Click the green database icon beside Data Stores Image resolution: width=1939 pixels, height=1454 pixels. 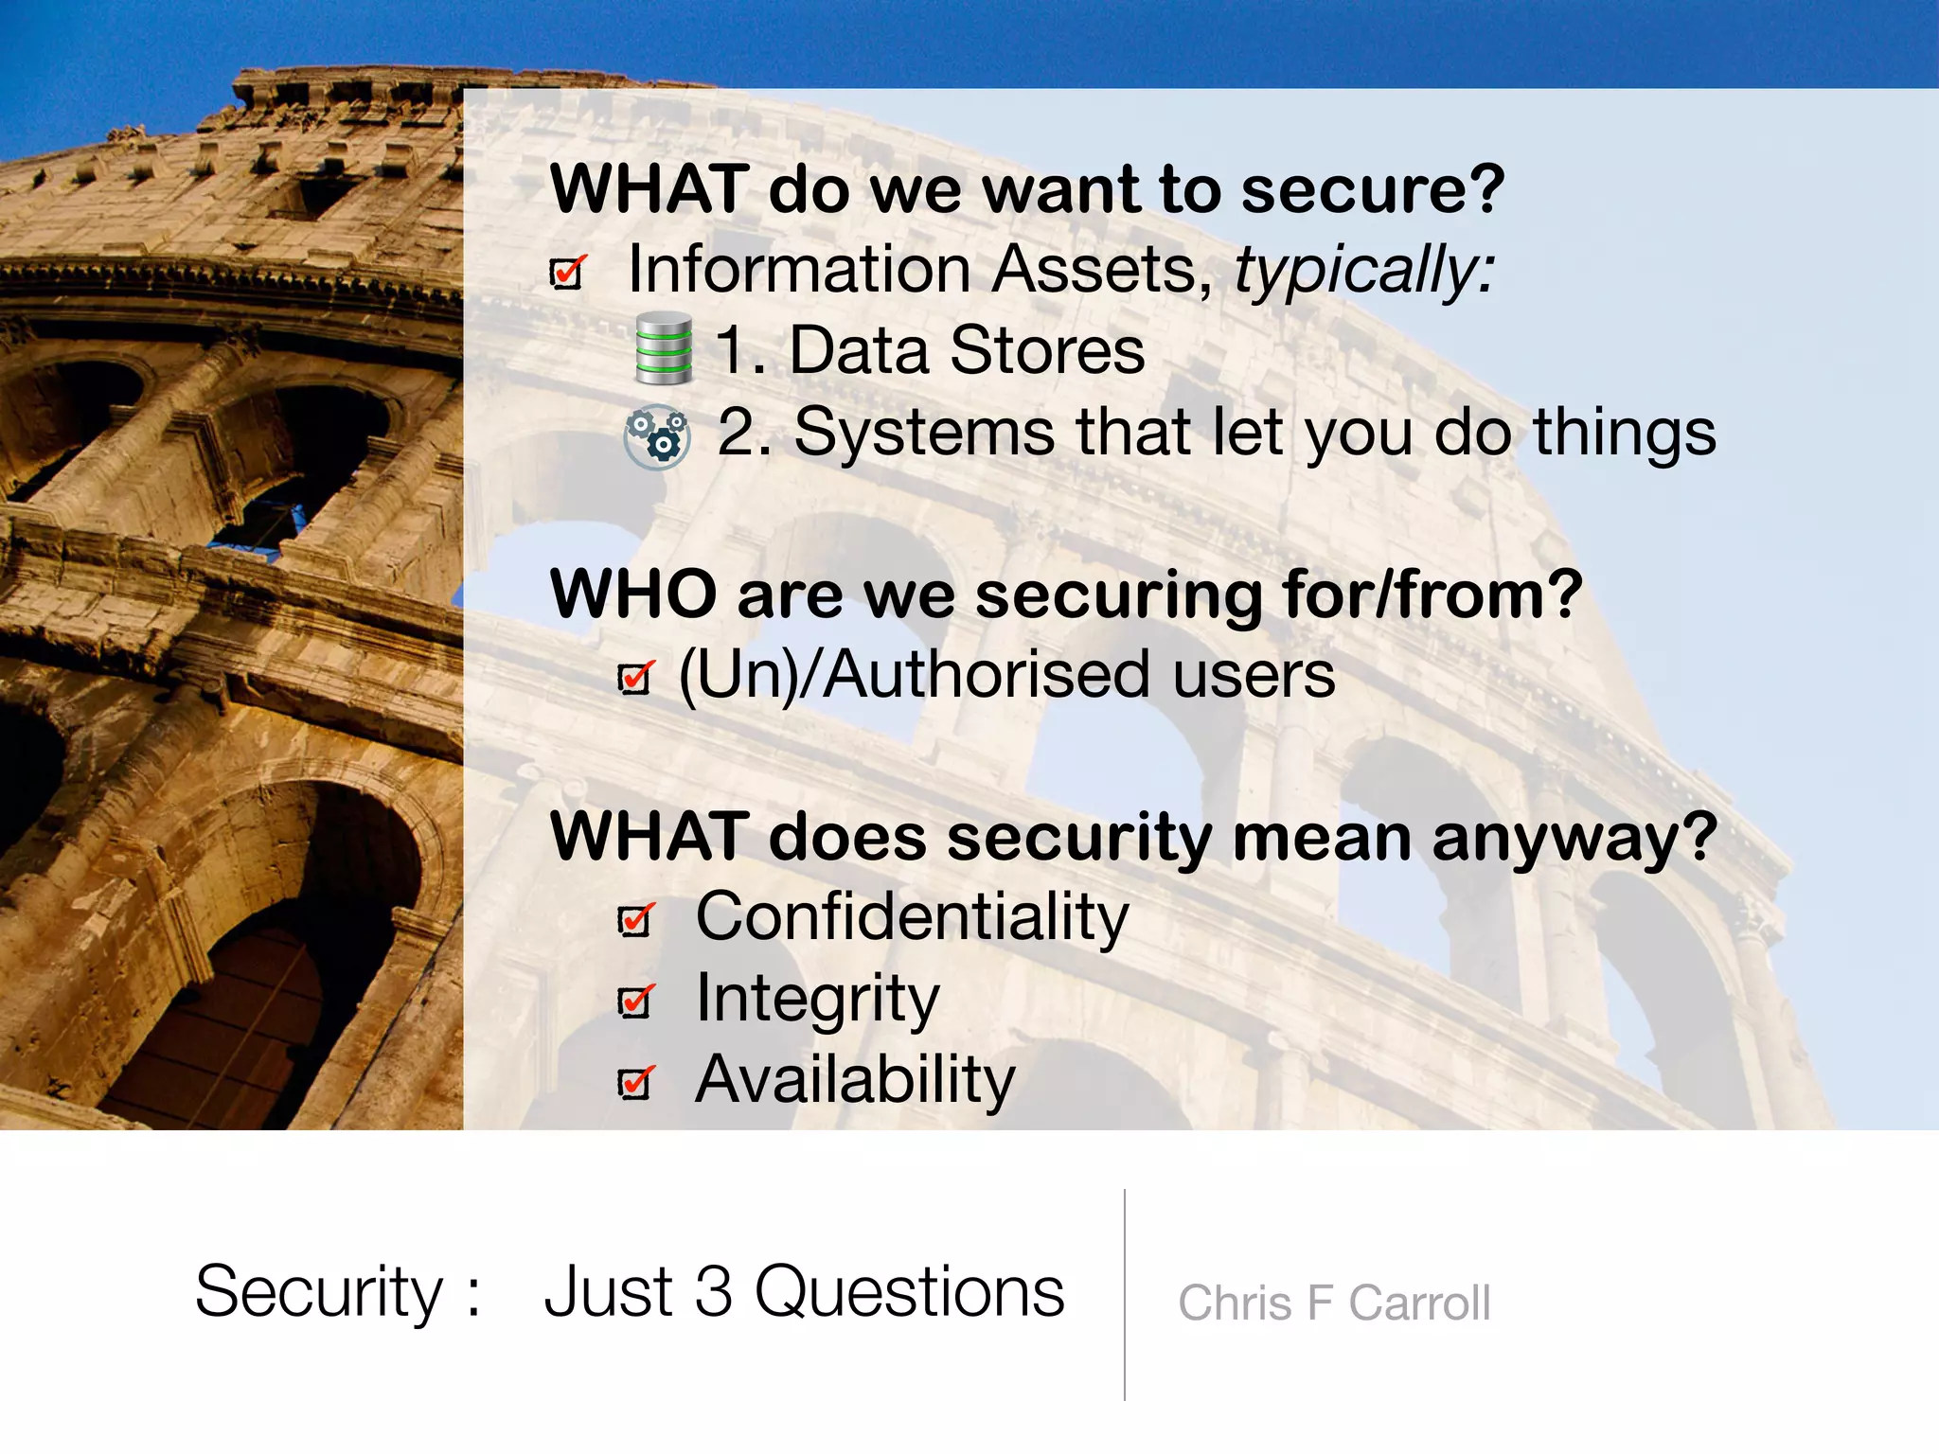pos(663,348)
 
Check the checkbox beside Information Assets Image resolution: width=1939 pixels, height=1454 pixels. pos(568,273)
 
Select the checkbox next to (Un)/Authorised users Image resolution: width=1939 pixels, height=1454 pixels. pos(635,677)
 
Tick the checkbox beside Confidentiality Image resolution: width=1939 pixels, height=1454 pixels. pos(635,919)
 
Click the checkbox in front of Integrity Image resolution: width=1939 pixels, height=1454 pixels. pos(635,1001)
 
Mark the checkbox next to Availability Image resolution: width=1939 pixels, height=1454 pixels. pos(635,1082)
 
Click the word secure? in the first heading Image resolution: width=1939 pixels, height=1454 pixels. pos(1372,189)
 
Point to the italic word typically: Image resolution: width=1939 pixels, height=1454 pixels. pos(1364,271)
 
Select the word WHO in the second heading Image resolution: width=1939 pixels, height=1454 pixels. pos(633,594)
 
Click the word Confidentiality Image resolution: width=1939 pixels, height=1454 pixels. pos(912,917)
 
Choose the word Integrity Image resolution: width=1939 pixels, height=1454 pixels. pos(817,1000)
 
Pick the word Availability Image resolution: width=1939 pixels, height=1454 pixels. pos(855,1080)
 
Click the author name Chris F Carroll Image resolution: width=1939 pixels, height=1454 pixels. pos(1333,1303)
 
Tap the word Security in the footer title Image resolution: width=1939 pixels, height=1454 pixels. pos(319,1293)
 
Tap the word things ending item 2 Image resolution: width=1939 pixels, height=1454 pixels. pos(1624,433)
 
